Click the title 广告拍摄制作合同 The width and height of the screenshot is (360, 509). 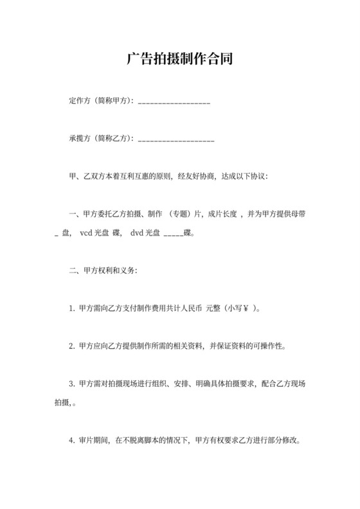click(179, 60)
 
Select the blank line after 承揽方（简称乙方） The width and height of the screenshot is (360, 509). click(176, 139)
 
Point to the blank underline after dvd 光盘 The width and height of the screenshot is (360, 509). click(174, 235)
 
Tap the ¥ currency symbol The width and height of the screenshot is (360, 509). click(246, 308)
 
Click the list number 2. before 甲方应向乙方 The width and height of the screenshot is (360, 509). click(72, 346)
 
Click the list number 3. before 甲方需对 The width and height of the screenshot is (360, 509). click(72, 384)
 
